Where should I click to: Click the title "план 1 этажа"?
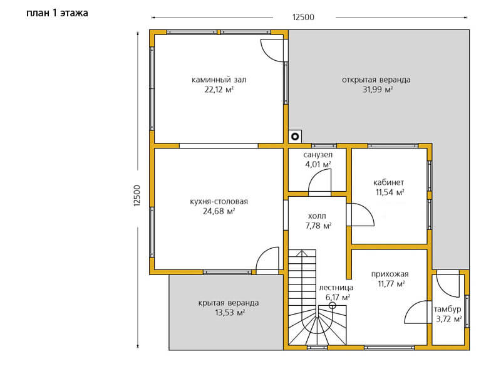tap(57, 13)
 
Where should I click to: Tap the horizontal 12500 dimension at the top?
tap(303, 18)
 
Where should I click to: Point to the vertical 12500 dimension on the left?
tap(137, 196)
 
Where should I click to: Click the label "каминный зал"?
tap(219, 80)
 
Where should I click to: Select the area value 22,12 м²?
tap(219, 90)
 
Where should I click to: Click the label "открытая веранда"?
tap(376, 80)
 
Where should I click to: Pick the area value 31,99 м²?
tap(378, 90)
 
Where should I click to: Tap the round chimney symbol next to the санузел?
tap(295, 137)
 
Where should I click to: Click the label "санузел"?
tap(318, 155)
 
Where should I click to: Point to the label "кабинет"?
tap(388, 182)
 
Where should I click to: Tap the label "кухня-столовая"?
tap(219, 202)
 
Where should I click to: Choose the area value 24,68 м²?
tap(219, 211)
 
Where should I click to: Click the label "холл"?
tap(318, 216)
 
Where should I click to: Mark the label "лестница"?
tap(336, 288)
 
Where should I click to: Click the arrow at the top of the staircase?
tap(302, 254)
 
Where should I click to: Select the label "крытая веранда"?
tap(229, 303)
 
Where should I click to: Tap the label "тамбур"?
tap(448, 309)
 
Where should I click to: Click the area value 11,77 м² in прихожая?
tap(391, 284)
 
